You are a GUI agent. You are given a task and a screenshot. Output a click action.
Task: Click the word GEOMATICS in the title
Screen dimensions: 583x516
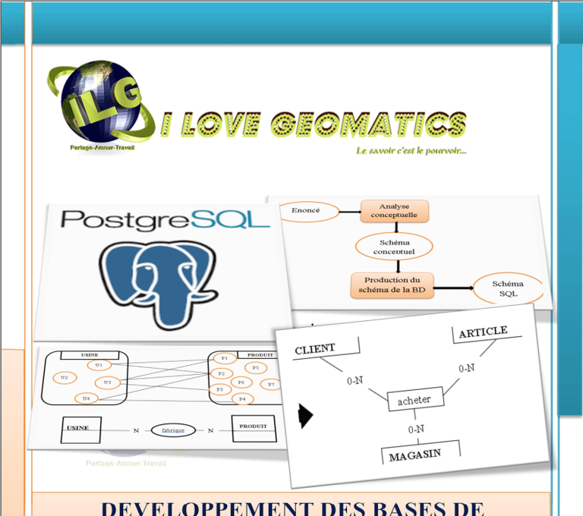tap(367, 123)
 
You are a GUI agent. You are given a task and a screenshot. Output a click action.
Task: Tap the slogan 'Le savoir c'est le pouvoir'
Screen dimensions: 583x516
tap(411, 150)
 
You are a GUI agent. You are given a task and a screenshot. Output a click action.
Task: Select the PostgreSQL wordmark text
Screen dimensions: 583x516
tap(165, 220)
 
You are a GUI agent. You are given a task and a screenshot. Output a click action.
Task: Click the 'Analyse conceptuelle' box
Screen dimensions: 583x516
tap(394, 210)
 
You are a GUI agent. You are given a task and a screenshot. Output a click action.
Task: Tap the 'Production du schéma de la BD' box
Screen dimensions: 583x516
tap(392, 285)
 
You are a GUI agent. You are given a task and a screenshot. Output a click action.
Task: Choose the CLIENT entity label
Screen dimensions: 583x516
tap(315, 348)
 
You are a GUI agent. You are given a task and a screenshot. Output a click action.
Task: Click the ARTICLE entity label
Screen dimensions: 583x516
tap(483, 332)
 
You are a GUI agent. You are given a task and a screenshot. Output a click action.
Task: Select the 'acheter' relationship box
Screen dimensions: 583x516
tap(414, 400)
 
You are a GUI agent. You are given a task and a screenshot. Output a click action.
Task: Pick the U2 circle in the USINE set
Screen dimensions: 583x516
tap(65, 377)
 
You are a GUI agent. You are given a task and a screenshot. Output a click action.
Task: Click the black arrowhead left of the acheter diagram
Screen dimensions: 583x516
tap(305, 415)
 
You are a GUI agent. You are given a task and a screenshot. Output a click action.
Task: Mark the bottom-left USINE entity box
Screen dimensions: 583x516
tap(77, 429)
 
